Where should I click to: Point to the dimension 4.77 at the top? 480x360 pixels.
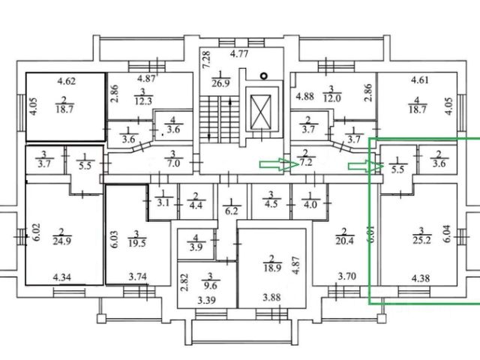pyautogui.click(x=238, y=54)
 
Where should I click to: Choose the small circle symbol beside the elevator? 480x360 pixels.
pyautogui.click(x=262, y=75)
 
